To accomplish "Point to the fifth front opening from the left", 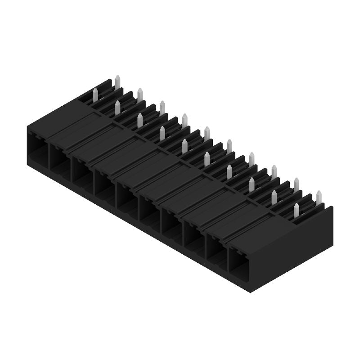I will (x=127, y=196).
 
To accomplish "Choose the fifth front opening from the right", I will (x=149, y=208).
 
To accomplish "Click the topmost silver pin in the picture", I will (x=117, y=82).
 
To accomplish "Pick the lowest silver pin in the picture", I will (x=297, y=210).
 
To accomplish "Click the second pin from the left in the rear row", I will (x=140, y=94).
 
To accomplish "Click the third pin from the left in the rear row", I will (x=162, y=107).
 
